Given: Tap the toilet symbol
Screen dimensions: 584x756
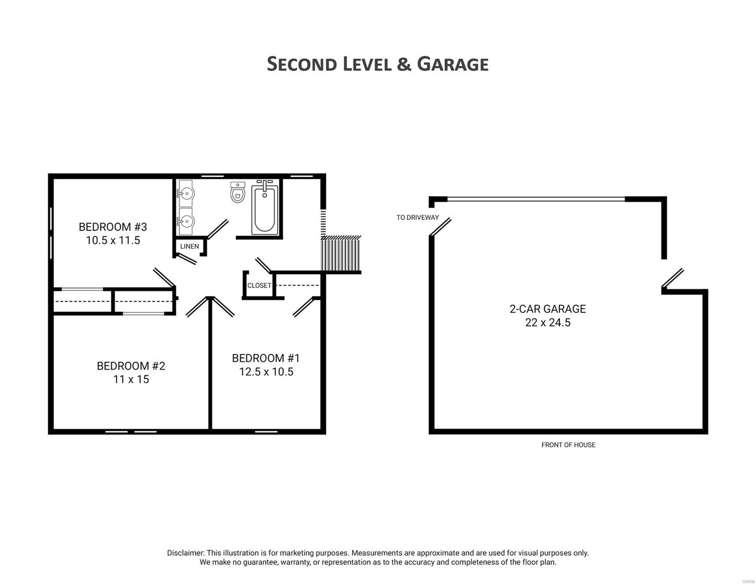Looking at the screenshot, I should pos(238,193).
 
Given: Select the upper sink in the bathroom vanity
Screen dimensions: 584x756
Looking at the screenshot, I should pos(185,193).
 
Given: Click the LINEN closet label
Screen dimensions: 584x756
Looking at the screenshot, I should pos(189,246).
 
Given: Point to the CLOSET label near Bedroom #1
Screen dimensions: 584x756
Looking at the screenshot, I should pos(259,286).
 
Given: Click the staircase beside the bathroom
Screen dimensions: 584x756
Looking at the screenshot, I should pos(341,253).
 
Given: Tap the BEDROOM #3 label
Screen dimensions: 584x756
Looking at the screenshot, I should pos(112,227).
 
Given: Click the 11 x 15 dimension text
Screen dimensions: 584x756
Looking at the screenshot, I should pos(131,380).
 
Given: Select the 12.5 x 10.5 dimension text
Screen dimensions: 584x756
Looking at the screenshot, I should pos(266,372).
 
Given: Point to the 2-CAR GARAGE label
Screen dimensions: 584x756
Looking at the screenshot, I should pos(548,309).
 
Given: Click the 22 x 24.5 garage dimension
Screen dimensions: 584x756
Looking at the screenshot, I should pos(548,323).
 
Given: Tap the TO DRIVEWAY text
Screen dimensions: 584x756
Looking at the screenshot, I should pos(417,218).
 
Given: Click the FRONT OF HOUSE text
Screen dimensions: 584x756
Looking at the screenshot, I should pos(568,445).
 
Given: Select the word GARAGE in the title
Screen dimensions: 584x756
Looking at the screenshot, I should pos(453,64).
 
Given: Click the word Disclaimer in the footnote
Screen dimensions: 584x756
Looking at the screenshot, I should pos(185,553).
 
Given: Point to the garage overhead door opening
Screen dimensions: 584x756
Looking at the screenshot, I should pos(535,199).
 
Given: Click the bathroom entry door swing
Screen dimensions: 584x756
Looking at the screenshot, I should pos(218,229).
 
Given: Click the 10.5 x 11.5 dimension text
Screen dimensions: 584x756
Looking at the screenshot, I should pos(113,240).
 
